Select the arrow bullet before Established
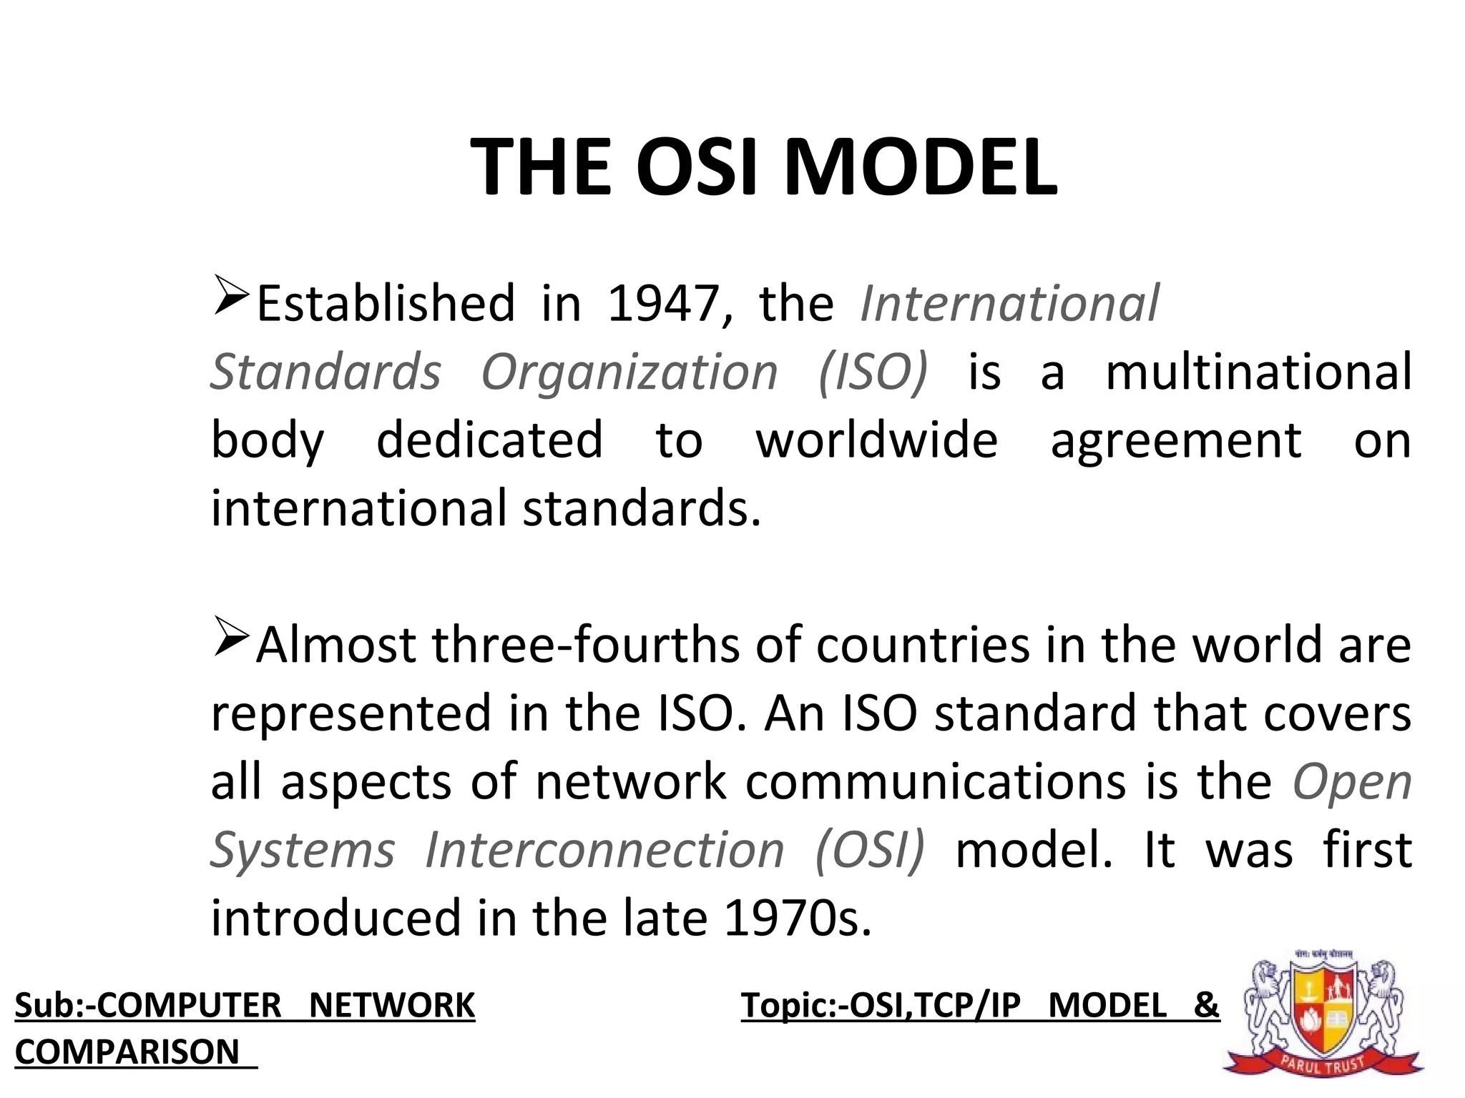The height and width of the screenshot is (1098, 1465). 230,297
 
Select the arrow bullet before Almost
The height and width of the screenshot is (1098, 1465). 230,638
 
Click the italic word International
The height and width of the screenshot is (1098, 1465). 1009,305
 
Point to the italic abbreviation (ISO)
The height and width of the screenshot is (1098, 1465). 873,372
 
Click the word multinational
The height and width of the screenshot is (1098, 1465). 1258,372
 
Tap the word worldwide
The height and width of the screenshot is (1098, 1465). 877,440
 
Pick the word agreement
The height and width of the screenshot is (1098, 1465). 1175,442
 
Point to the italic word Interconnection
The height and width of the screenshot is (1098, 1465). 604,851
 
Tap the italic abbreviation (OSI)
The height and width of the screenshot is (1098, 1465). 870,851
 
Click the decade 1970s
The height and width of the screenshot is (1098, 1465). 798,919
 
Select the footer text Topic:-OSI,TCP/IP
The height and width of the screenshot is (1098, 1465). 881,1006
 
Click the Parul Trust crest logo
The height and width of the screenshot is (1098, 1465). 1323,1015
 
